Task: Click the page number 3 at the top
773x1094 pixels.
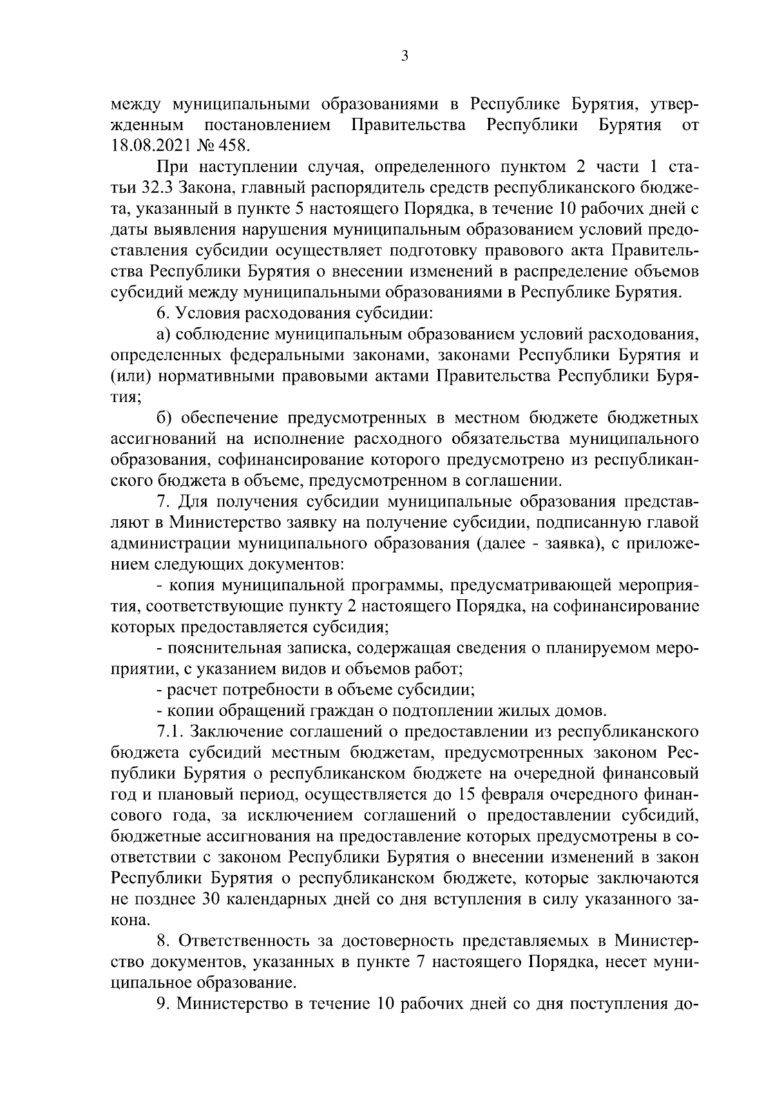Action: click(x=404, y=56)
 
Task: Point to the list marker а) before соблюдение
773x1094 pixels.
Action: click(x=163, y=335)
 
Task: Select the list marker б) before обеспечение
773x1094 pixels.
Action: click(x=164, y=419)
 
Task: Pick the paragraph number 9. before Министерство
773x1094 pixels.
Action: click(x=163, y=1004)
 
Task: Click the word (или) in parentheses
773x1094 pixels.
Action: click(x=131, y=377)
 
